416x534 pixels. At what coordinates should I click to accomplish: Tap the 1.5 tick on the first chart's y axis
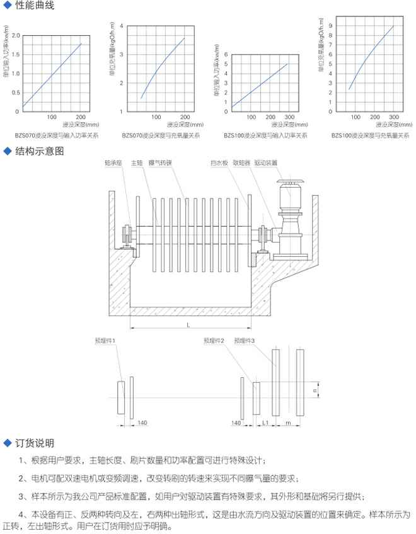tap(16, 55)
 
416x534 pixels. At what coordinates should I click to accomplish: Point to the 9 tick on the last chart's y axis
tap(330, 26)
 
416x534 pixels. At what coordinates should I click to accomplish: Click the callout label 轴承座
tap(113, 162)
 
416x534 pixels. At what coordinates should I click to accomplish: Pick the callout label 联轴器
tap(242, 162)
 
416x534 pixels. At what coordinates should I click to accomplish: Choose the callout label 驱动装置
tap(267, 162)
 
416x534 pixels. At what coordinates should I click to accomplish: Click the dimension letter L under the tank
tap(188, 323)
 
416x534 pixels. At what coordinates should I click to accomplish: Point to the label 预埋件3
tap(244, 341)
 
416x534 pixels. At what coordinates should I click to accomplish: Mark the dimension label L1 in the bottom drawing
tap(266, 423)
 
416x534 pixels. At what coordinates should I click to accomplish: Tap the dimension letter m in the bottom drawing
tap(287, 423)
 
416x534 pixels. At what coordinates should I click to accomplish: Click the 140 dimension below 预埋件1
tap(142, 423)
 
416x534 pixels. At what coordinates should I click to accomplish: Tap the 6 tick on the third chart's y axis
tap(225, 55)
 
